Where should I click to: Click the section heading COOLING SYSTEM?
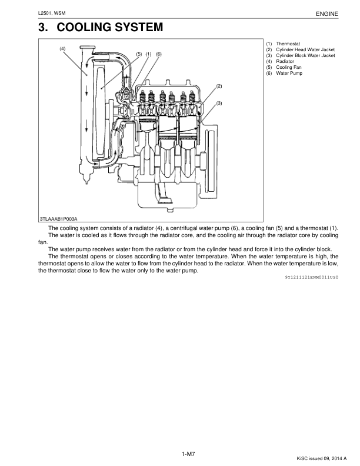pyautogui.click(x=101, y=28)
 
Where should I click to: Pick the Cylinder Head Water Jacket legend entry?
pyautogui.click(x=304, y=50)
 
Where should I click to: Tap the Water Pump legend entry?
pyautogui.click(x=290, y=73)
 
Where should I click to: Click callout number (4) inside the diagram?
pyautogui.click(x=62, y=48)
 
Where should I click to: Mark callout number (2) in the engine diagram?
pyautogui.click(x=219, y=86)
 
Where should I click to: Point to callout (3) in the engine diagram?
pyautogui.click(x=219, y=103)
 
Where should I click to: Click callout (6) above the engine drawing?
pyautogui.click(x=158, y=54)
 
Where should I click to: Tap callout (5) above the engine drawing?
pyautogui.click(x=139, y=54)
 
